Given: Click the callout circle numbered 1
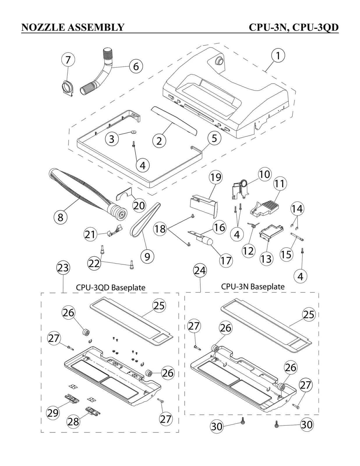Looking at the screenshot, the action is tap(278, 56).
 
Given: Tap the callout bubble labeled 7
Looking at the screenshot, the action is tap(68, 60).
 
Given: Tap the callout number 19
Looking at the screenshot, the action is tap(216, 177).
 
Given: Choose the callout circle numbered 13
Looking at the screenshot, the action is tap(266, 259).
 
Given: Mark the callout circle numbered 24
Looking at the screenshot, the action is tap(200, 270).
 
